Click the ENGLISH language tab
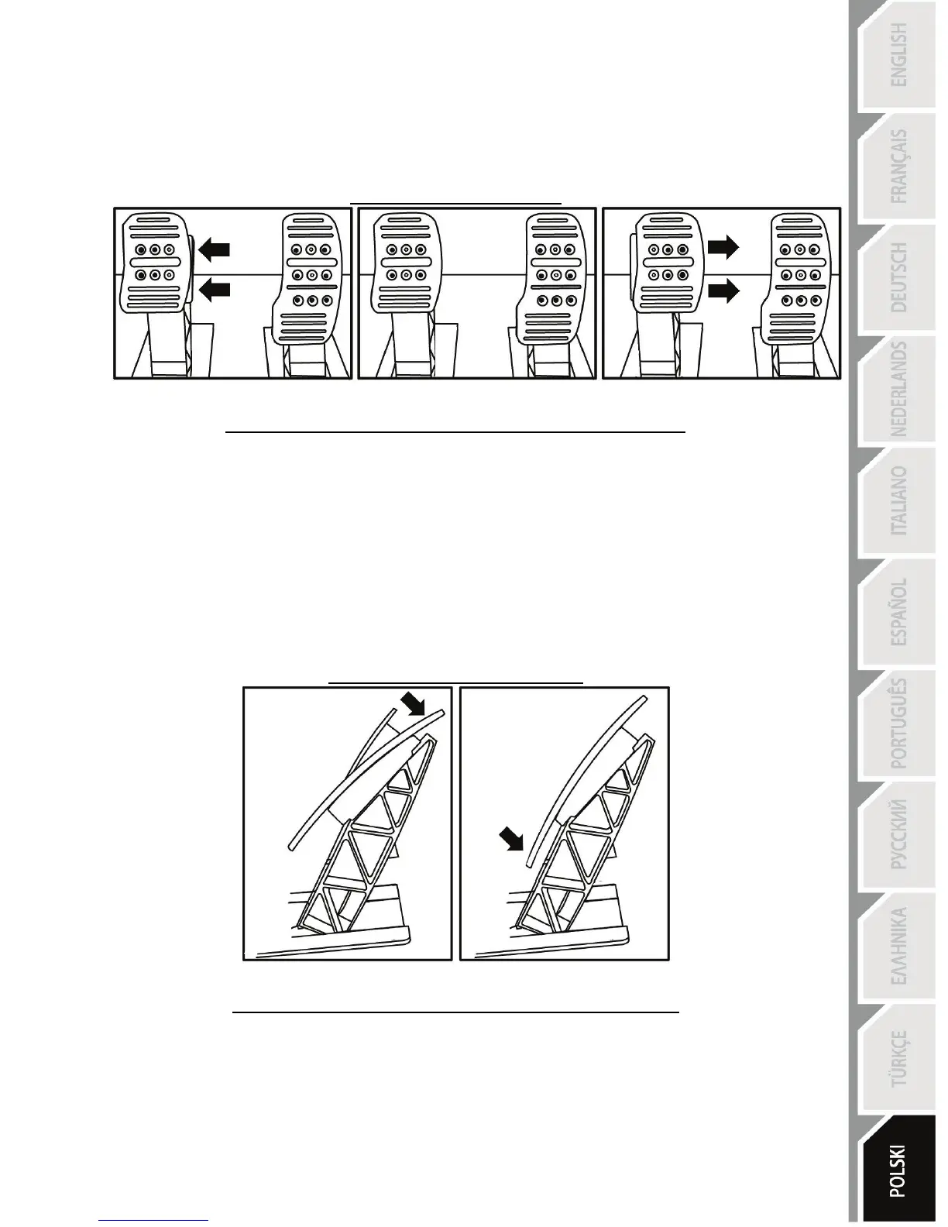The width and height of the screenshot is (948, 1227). click(898, 56)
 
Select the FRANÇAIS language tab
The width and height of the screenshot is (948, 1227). click(898, 167)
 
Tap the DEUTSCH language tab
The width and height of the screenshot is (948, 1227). click(898, 277)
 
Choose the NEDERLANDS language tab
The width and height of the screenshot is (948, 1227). click(898, 389)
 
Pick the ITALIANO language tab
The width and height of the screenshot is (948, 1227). click(898, 500)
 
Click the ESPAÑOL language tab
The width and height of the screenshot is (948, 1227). click(898, 612)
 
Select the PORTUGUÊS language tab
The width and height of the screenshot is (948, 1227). click(898, 723)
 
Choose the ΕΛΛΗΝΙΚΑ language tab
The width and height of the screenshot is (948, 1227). click(898, 947)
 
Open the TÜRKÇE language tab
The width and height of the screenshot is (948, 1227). click(898, 1058)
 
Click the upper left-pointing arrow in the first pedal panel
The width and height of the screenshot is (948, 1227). click(215, 249)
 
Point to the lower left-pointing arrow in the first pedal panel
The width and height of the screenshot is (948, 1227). click(215, 290)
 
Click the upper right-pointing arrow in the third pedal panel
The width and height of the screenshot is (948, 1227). click(723, 247)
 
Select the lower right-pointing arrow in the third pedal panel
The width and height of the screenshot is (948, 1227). click(723, 290)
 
